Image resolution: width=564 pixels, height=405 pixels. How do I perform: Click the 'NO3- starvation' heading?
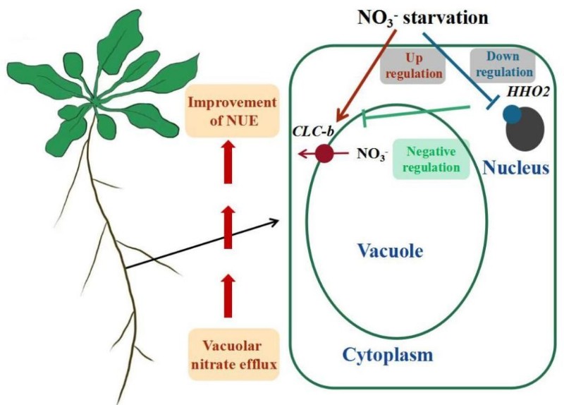click(417, 16)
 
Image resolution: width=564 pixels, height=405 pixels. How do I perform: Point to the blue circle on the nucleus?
click(511, 115)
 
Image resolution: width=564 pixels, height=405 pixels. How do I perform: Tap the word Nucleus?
click(515, 169)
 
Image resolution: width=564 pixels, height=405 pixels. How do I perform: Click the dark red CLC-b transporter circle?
click(324, 153)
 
